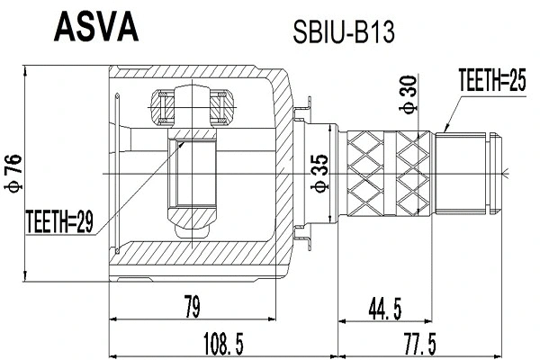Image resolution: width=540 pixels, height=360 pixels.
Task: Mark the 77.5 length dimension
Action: [419, 343]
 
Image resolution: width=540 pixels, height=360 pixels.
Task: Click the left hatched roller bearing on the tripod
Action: [165, 108]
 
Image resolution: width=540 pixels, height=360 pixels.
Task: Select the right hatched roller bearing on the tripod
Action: [221, 108]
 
